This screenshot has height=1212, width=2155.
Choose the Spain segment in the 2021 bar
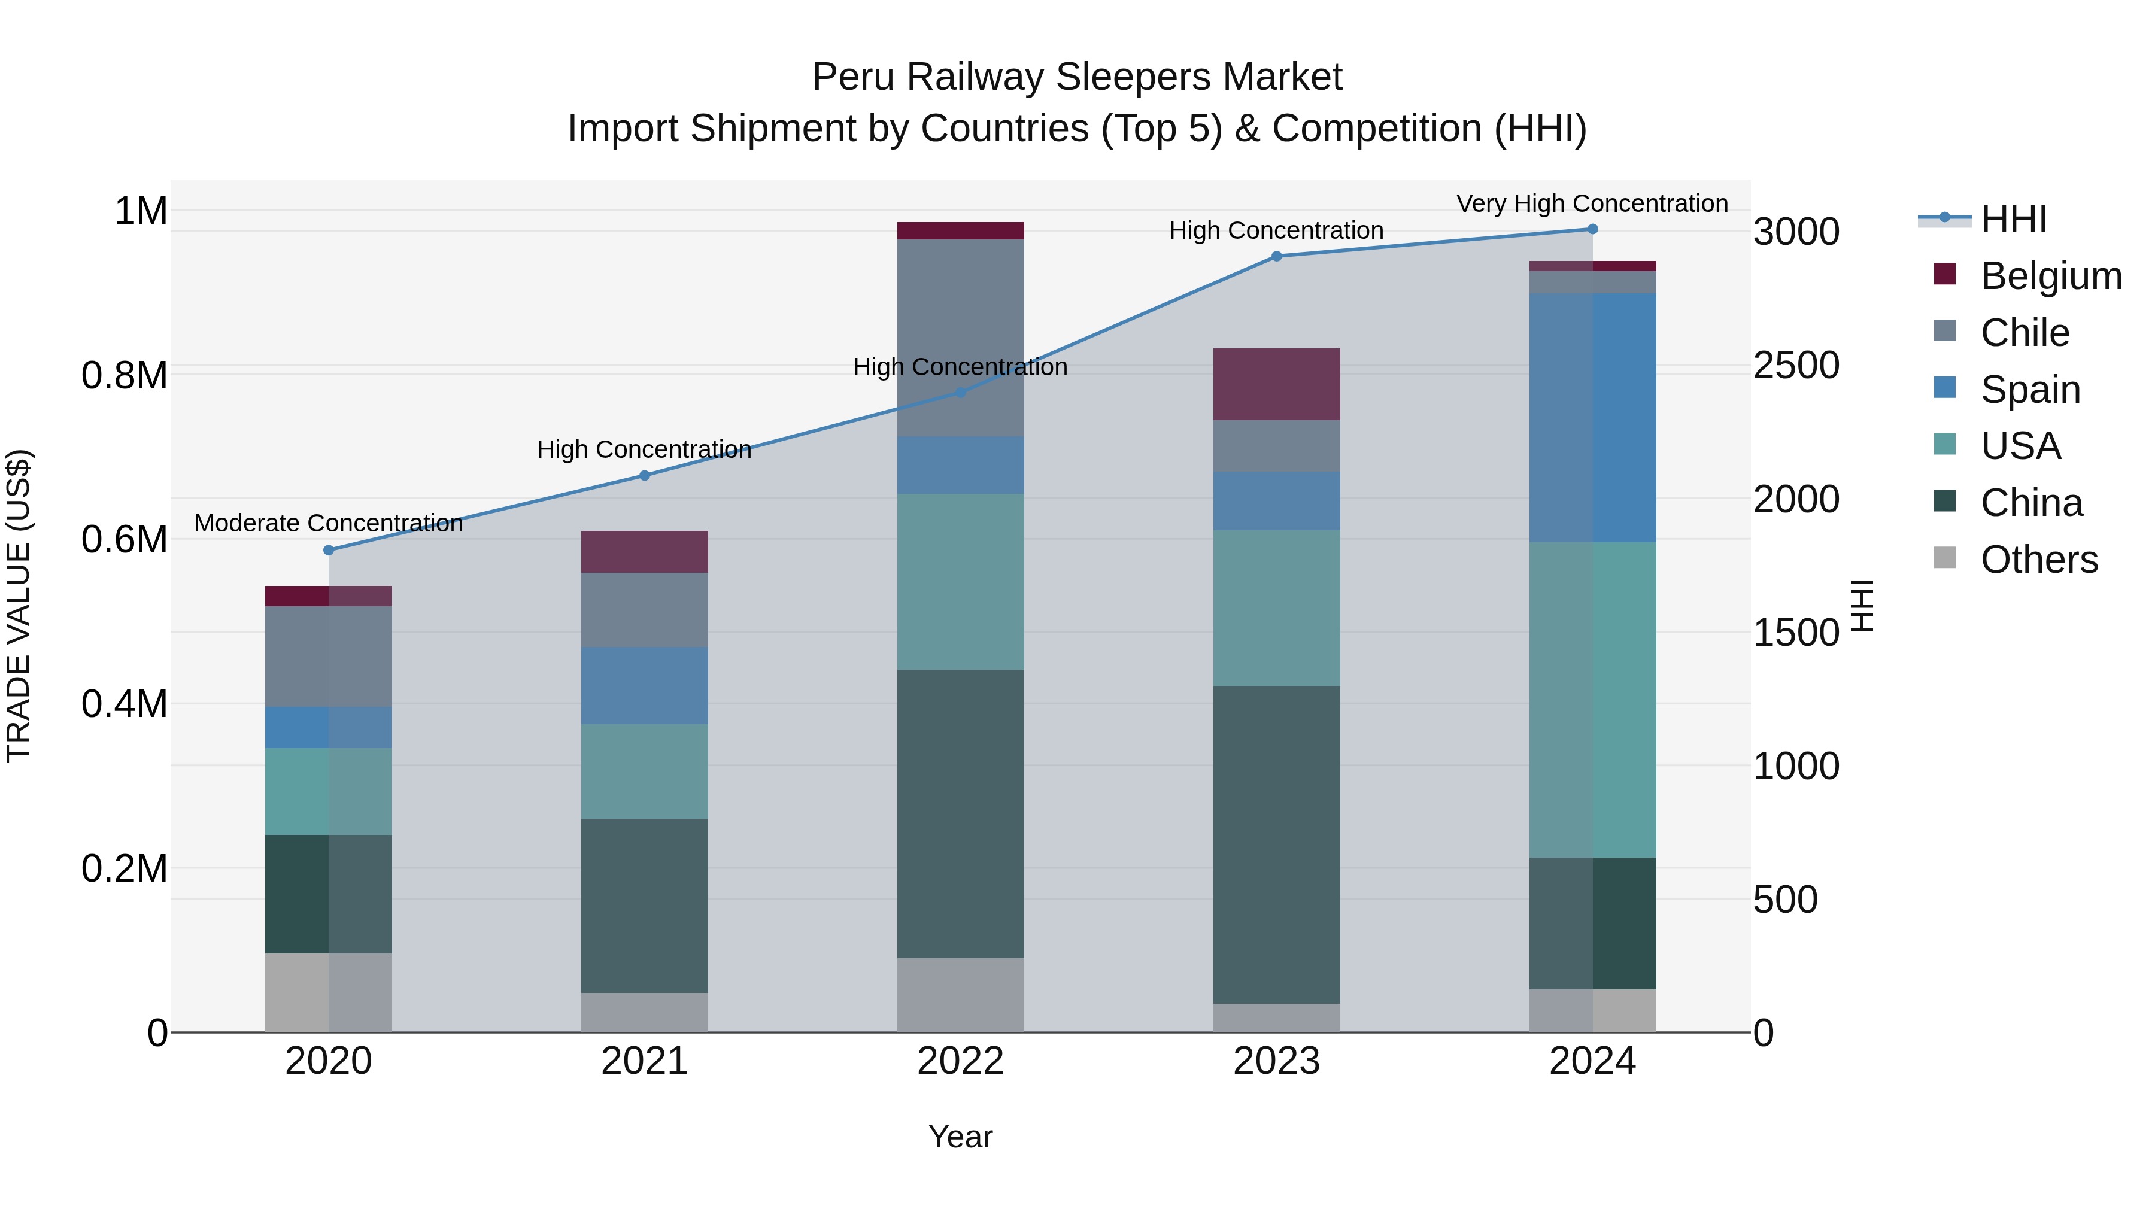point(644,685)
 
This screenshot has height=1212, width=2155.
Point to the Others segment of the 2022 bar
point(960,995)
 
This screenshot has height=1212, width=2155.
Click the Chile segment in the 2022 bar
point(960,338)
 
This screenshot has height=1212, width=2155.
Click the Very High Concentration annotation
point(1591,203)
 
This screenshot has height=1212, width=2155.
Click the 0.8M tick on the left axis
point(125,375)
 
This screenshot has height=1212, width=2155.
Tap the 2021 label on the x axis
point(644,1061)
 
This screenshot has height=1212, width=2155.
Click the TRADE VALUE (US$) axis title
point(19,606)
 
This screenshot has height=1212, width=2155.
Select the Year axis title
point(960,1137)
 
